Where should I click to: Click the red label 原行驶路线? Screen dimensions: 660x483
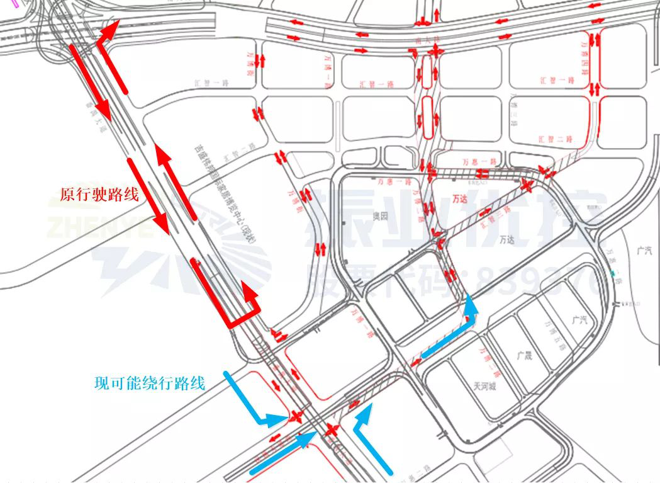pyautogui.click(x=98, y=195)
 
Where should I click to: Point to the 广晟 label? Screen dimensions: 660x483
pyautogui.click(x=524, y=355)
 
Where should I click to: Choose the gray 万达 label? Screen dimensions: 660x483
pyautogui.click(x=506, y=240)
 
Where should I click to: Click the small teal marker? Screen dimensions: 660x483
pyautogui.click(x=613, y=273)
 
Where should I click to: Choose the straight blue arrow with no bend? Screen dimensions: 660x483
pyautogui.click(x=283, y=453)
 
